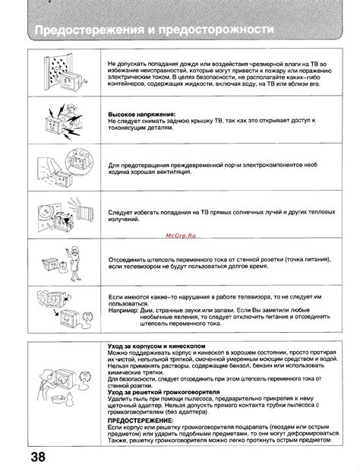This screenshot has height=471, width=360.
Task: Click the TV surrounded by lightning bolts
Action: coord(51,120)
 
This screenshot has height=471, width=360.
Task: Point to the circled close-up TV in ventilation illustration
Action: coord(75,162)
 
